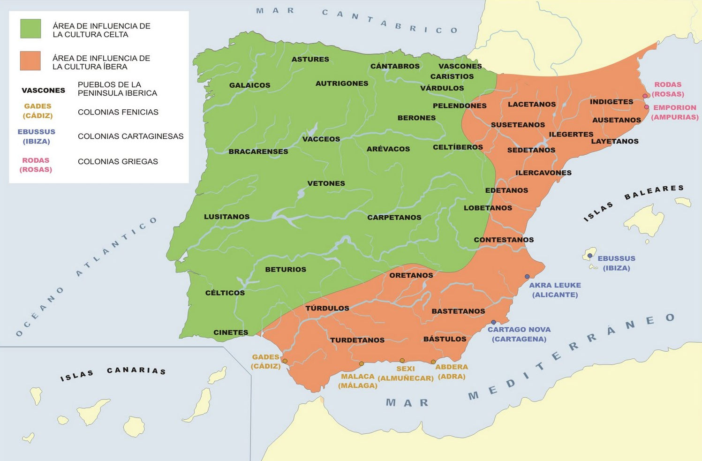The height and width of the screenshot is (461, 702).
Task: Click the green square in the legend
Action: tap(30, 29)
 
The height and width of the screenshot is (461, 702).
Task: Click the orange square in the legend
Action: tap(30, 61)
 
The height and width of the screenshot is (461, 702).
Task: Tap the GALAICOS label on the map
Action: tap(249, 85)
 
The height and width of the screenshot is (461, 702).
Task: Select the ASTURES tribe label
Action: tap(310, 60)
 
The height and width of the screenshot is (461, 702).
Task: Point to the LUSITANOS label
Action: tap(226, 217)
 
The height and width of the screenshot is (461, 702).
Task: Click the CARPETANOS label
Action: tap(394, 218)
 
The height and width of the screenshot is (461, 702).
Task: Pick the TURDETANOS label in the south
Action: tap(357, 340)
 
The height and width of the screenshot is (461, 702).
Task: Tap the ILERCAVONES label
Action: tap(543, 173)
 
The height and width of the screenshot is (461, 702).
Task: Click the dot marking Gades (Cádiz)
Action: tap(285, 361)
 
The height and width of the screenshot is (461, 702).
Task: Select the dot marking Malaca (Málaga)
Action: tap(361, 364)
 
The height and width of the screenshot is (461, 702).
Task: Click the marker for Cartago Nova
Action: tap(493, 322)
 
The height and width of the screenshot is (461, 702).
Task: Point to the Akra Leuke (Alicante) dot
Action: tap(527, 277)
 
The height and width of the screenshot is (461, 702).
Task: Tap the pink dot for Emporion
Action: tap(646, 107)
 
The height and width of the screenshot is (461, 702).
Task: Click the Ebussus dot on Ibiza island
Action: tap(590, 256)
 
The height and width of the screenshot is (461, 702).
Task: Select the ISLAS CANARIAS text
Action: tap(113, 373)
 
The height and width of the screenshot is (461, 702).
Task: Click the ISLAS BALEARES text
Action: tap(633, 203)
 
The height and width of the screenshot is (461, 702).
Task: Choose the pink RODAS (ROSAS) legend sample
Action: tap(36, 165)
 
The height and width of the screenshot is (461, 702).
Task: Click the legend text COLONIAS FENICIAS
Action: tap(118, 112)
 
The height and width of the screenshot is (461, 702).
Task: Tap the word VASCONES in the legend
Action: tap(43, 91)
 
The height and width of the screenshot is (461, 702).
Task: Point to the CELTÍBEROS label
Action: tap(457, 147)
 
